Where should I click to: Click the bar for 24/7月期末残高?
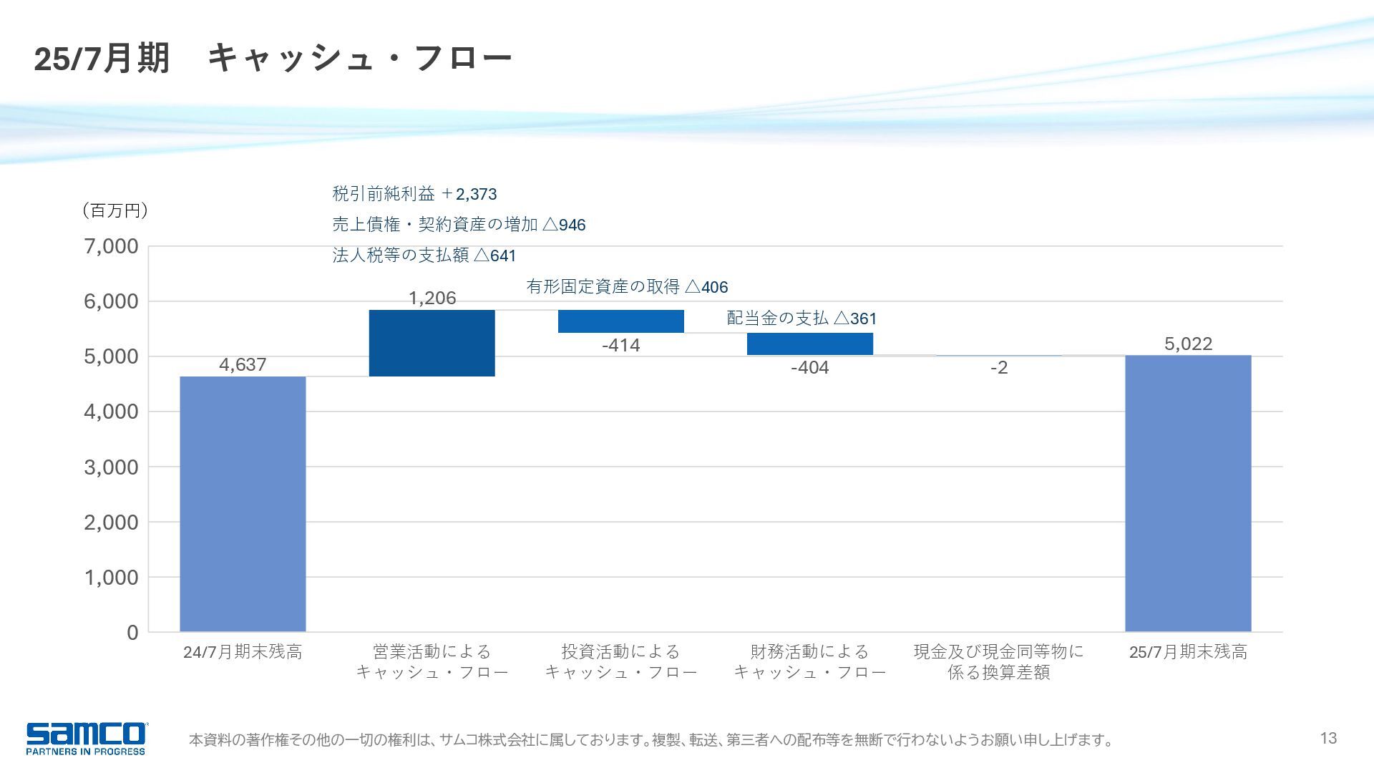tap(243, 504)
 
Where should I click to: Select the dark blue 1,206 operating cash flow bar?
tap(432, 343)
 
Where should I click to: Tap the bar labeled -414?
tap(620, 321)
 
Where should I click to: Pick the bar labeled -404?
tap(809, 344)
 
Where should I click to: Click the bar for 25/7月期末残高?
tap(1188, 493)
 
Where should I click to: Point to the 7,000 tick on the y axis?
tap(112, 247)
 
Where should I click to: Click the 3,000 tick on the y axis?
tap(112, 467)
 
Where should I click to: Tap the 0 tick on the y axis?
tap(132, 633)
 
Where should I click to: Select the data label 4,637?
tap(243, 365)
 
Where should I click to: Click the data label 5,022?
tap(1188, 344)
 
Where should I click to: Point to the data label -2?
tap(999, 368)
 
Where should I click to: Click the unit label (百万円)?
tap(115, 210)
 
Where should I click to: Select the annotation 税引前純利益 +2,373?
tap(414, 194)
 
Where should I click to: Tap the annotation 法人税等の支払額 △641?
tap(424, 256)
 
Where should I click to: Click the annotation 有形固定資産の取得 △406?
tap(627, 287)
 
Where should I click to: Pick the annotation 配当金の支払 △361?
tap(801, 319)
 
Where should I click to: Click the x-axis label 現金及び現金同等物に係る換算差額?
tap(998, 662)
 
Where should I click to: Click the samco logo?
tap(86, 738)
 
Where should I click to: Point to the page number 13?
tap(1328, 738)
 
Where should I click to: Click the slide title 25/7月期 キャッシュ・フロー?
tap(273, 58)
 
